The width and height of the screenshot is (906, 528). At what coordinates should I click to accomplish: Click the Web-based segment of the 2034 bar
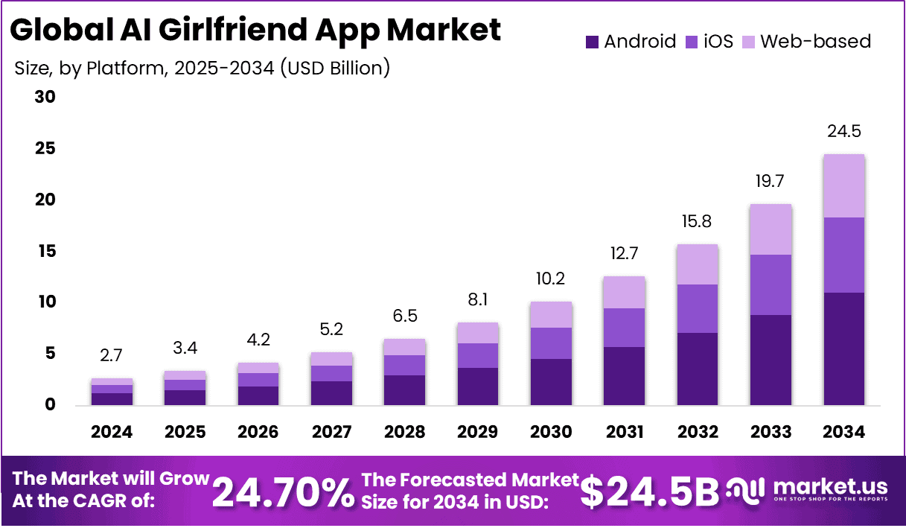pyautogui.click(x=843, y=186)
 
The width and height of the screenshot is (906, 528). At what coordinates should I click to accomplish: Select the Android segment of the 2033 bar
pyautogui.click(x=771, y=360)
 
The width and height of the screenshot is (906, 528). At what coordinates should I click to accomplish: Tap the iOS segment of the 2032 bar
pyautogui.click(x=697, y=308)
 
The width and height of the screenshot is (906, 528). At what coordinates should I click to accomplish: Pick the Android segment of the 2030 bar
pyautogui.click(x=551, y=381)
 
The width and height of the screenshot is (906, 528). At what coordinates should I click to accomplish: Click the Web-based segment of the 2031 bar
pyautogui.click(x=624, y=293)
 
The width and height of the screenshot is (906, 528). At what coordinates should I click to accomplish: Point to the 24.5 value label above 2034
pyautogui.click(x=843, y=132)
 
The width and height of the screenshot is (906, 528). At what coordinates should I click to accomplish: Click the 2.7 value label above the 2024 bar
pyautogui.click(x=112, y=355)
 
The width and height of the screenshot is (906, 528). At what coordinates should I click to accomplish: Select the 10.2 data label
pyautogui.click(x=551, y=279)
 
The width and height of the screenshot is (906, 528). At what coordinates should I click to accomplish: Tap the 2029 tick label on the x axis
pyautogui.click(x=478, y=433)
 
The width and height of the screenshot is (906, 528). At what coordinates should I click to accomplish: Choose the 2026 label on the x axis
pyautogui.click(x=258, y=433)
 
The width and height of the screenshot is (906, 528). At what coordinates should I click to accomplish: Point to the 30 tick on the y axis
pyautogui.click(x=45, y=98)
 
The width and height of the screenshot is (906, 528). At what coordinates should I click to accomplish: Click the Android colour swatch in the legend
pyautogui.click(x=592, y=42)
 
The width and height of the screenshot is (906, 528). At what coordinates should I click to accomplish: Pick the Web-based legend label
pyautogui.click(x=816, y=42)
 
